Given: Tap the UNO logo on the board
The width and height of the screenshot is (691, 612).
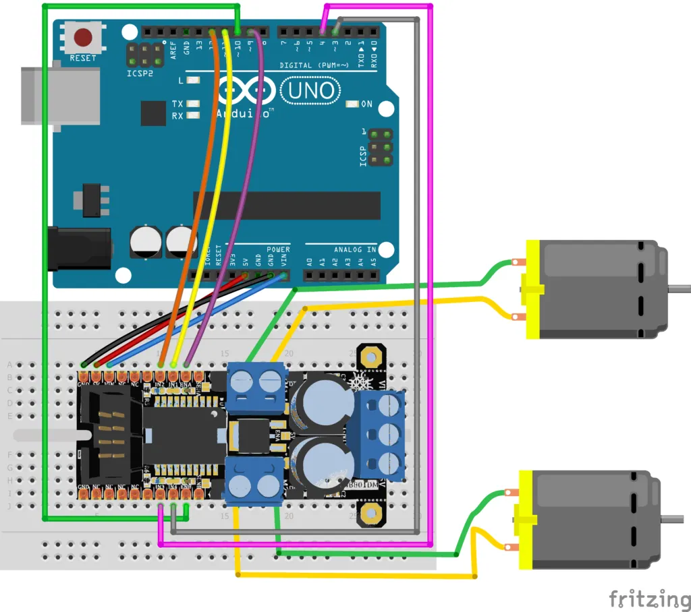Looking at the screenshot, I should click(x=311, y=90).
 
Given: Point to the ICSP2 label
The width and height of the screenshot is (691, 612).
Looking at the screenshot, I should click(x=140, y=73).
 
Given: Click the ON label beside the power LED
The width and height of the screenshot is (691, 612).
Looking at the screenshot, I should click(x=367, y=104).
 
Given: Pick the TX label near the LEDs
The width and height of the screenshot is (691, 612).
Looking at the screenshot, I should click(x=177, y=104).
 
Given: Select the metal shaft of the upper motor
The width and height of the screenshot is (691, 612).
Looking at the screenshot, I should click(x=680, y=288).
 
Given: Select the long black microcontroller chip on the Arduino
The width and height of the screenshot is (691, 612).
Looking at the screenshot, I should click(x=287, y=206).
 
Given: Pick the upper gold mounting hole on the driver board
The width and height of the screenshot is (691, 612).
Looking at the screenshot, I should click(x=370, y=355).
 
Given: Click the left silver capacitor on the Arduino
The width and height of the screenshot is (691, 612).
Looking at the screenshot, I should click(x=145, y=241).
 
